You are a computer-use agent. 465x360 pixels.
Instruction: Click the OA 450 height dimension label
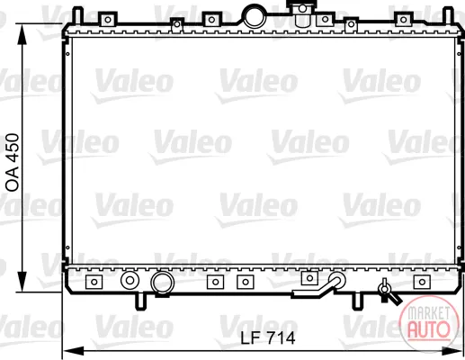tap(13, 162)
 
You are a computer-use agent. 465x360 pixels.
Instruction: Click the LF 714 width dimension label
tap(268, 338)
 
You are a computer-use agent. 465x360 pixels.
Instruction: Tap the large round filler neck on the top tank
tap(255, 16)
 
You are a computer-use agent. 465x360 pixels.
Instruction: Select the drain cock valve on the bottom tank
tap(388, 292)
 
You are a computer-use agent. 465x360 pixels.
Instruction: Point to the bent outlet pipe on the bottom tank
tap(322, 288)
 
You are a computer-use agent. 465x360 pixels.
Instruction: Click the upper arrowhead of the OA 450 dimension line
tap(22, 34)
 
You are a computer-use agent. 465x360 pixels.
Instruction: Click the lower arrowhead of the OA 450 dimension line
tap(22, 281)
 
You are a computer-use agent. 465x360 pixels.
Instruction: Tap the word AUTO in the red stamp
tap(429, 328)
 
